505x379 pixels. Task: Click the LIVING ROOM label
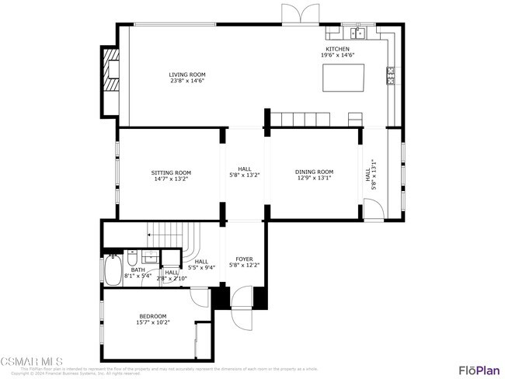pos(187,75)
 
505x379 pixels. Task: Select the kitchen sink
pos(359,33)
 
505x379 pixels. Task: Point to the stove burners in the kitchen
pos(390,75)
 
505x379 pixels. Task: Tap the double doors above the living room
pos(300,15)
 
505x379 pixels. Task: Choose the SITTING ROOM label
pos(171,172)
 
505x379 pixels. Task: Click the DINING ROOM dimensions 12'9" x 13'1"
pos(314,179)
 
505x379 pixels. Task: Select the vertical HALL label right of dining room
pos(368,176)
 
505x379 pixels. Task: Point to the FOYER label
pos(244,259)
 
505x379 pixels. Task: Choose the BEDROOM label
pos(152,315)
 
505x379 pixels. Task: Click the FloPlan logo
pos(479,369)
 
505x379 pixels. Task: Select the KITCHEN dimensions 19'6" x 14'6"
pos(337,55)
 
